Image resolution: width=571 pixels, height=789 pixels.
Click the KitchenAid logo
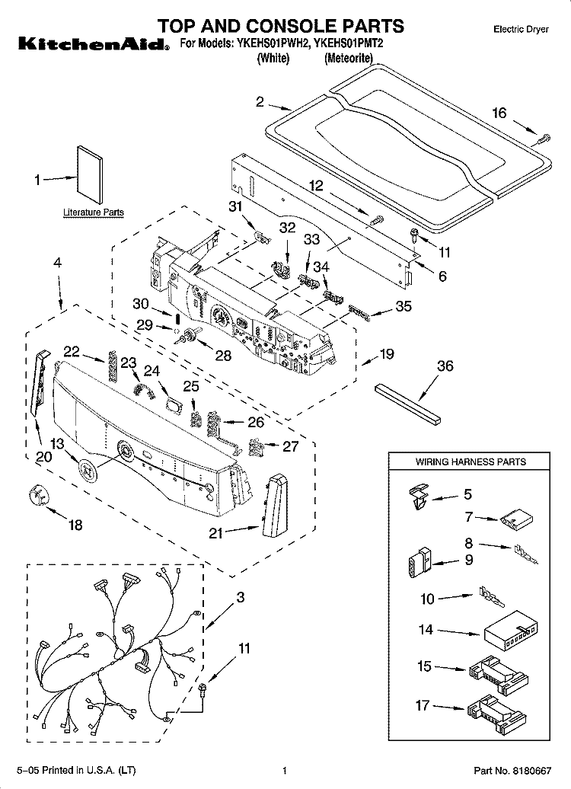[x=94, y=44]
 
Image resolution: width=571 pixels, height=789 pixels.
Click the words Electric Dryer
[x=521, y=30]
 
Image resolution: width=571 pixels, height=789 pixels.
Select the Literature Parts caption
[x=93, y=212]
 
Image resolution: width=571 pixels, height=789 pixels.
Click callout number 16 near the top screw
[x=499, y=113]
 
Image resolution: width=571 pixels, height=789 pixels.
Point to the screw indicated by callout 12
[x=377, y=220]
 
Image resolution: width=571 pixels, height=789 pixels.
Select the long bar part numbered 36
[x=407, y=402]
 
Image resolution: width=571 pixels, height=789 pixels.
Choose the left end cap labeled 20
[x=40, y=383]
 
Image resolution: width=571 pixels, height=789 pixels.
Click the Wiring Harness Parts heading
[x=471, y=462]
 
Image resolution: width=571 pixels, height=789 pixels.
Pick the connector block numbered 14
[x=511, y=628]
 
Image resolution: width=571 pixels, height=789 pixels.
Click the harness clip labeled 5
[x=419, y=496]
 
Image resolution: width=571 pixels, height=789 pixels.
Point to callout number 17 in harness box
[x=423, y=705]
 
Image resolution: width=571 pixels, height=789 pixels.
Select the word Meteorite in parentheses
[x=349, y=58]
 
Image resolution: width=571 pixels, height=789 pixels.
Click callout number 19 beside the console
[x=386, y=353]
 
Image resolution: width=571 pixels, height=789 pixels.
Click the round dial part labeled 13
[x=88, y=470]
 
